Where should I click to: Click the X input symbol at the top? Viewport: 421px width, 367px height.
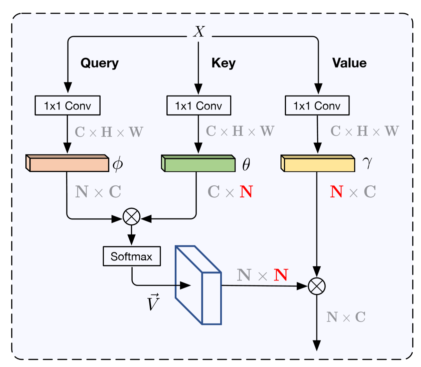199,31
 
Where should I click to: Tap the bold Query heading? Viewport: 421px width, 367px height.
100,63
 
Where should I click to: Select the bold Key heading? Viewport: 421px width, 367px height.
224,63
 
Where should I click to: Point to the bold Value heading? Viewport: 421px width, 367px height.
349,63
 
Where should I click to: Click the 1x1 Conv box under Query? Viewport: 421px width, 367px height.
67,105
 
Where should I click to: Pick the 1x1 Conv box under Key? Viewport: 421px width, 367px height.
198,105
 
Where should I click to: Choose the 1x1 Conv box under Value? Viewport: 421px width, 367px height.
317,105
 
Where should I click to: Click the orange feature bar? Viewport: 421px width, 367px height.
67,163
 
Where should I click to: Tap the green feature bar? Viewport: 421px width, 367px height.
198,163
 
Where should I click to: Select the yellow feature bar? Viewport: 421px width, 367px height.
318,163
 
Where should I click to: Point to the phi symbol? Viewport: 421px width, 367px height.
118,164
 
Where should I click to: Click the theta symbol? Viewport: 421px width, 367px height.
246,164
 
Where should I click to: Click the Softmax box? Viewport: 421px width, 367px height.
132,256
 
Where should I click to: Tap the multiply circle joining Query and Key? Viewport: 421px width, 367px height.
132,217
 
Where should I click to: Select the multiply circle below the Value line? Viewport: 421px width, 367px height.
317,286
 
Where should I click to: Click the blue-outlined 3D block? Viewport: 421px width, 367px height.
198,285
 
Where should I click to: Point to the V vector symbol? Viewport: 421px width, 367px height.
153,302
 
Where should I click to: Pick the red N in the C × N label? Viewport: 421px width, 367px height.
246,191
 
